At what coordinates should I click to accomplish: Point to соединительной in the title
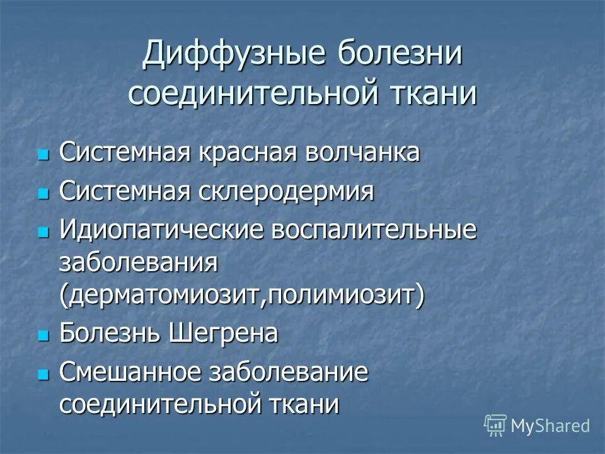(x=248, y=94)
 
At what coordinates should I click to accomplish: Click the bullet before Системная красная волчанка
(x=43, y=155)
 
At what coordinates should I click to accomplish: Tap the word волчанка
(x=364, y=153)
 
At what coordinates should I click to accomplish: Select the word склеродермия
(x=282, y=192)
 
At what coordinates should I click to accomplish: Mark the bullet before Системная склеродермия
(x=43, y=194)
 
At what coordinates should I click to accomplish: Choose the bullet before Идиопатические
(x=43, y=232)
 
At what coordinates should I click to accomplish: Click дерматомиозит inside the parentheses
(x=164, y=295)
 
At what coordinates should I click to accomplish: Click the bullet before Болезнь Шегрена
(x=43, y=335)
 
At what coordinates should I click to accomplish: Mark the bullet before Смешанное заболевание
(x=43, y=374)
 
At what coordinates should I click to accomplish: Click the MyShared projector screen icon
(x=495, y=425)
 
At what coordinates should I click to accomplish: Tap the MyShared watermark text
(x=550, y=426)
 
